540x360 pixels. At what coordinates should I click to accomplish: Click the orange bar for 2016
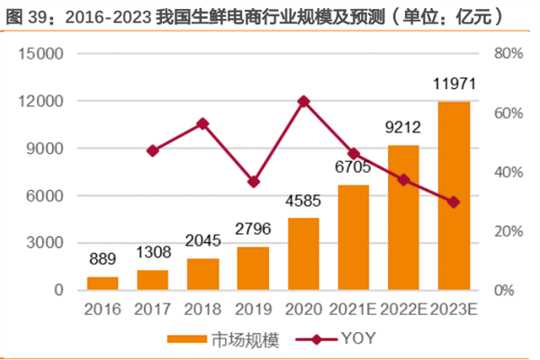coord(103,283)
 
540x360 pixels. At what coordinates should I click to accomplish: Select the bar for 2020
coord(304,254)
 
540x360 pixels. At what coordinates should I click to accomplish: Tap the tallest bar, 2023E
coord(454,196)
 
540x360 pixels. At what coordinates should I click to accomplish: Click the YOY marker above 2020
coord(304,101)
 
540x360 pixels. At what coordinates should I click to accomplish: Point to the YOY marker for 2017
coord(153,150)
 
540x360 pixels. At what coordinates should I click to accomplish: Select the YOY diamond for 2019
coord(254,182)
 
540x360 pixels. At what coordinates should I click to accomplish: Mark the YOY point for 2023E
coord(454,202)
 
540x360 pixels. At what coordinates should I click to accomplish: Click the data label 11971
coord(454,86)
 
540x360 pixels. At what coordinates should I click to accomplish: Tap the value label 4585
coord(304,202)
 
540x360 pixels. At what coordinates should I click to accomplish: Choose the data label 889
coord(103,259)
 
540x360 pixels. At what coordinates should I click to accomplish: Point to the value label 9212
coord(404,129)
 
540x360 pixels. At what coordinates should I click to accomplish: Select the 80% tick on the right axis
coord(508,53)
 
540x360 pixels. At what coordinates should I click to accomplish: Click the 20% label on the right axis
coord(508,231)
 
